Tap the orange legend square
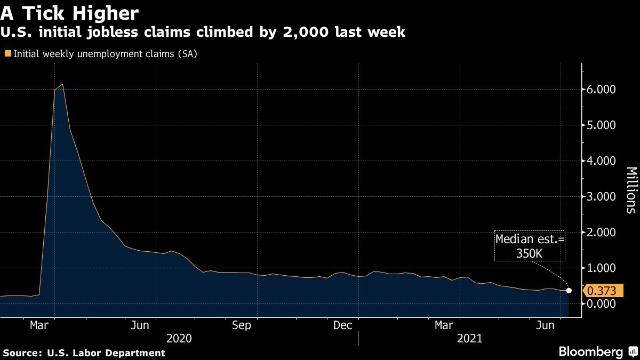(7, 53)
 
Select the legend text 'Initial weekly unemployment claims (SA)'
(106, 54)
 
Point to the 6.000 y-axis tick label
(602, 90)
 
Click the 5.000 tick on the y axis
(602, 125)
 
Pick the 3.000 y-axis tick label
(602, 197)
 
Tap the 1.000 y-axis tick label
(602, 268)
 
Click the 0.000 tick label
(602, 303)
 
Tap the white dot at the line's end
(569, 291)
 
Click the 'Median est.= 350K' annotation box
(529, 246)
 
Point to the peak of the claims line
(63, 84)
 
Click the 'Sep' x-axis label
(242, 325)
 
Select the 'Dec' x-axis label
(343, 325)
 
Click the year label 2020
(179, 338)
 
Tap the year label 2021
(469, 338)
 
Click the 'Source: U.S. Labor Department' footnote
(84, 353)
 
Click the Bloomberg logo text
(590, 352)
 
